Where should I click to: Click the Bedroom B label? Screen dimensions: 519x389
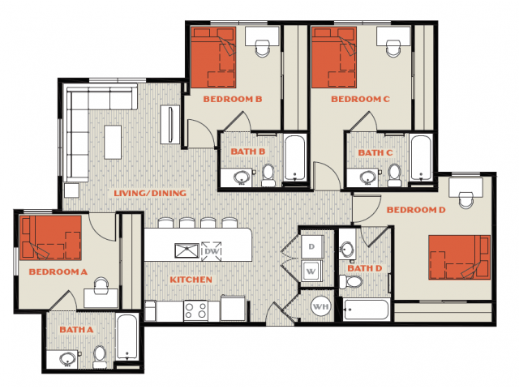click(x=233, y=99)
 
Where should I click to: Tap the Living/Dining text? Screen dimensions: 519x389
click(x=150, y=193)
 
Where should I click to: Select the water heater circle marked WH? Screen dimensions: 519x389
click(x=321, y=306)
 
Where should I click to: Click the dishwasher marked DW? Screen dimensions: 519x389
click(x=212, y=251)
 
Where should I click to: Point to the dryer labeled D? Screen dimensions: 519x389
click(x=312, y=246)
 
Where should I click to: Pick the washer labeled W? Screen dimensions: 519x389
click(x=311, y=271)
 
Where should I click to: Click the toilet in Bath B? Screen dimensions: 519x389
click(x=268, y=175)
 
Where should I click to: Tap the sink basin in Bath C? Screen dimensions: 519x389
click(x=367, y=177)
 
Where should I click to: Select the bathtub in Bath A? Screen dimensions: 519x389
click(x=127, y=337)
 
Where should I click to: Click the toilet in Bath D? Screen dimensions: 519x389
click(x=351, y=282)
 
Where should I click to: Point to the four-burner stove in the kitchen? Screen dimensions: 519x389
click(x=195, y=311)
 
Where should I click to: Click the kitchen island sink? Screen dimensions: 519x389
click(x=187, y=250)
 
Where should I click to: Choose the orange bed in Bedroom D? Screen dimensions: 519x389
click(x=460, y=258)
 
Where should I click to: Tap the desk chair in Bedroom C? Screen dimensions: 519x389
click(x=394, y=48)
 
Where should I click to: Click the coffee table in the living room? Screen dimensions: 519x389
click(x=113, y=143)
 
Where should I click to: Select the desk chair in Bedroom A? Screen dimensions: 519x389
click(x=101, y=285)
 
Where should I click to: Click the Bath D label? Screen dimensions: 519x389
click(x=365, y=268)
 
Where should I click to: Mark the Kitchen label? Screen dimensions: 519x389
click(x=191, y=280)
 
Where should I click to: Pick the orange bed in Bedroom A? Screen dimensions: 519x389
click(x=50, y=237)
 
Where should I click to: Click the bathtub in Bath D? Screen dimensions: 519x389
click(x=367, y=310)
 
